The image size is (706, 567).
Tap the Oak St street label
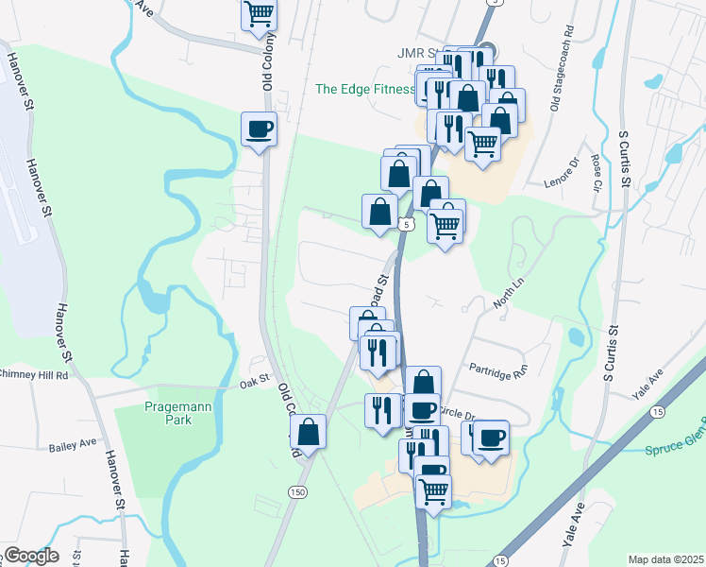(255, 380)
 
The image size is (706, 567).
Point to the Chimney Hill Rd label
(35, 375)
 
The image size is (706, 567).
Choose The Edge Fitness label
(364, 90)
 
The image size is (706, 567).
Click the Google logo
(31, 556)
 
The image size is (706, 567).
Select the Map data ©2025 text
(665, 559)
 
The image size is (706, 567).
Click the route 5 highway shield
(405, 225)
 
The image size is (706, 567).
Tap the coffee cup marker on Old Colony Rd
(259, 129)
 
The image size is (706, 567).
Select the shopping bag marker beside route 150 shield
(309, 434)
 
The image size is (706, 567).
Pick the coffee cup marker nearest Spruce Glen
(491, 438)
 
